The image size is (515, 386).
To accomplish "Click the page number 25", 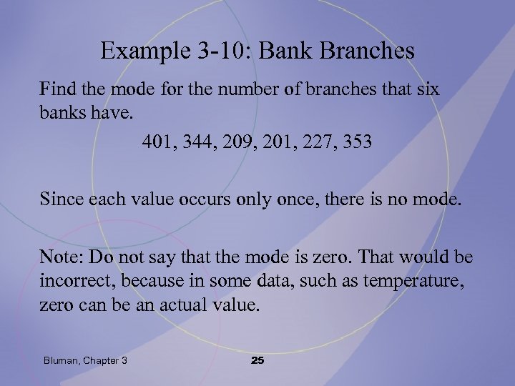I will [257, 360].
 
